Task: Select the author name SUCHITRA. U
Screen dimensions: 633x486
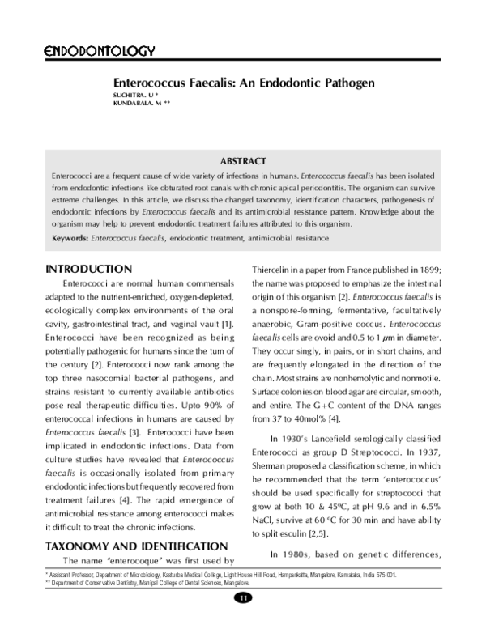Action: coord(131,96)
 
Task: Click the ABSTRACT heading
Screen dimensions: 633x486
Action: coord(243,161)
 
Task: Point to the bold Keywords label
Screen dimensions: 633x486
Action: coord(70,239)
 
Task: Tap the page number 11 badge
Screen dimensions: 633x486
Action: coord(243,597)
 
